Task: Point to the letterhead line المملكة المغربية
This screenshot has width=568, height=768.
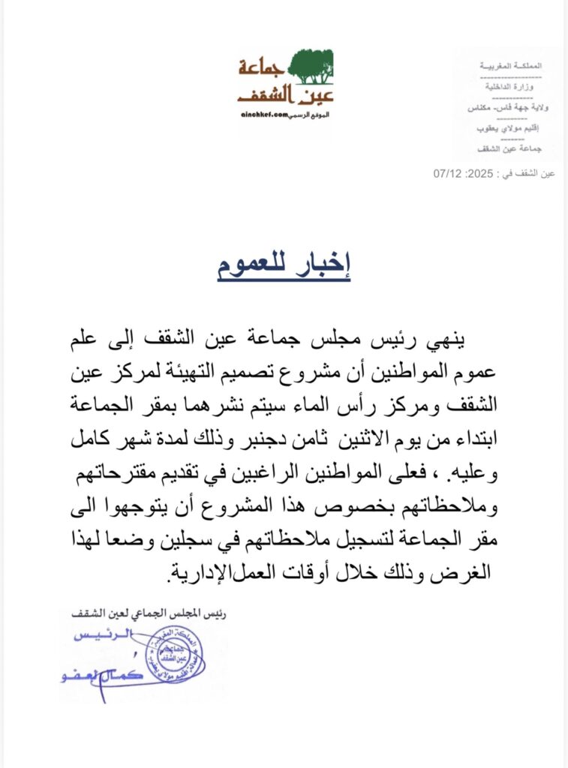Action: [510, 67]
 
